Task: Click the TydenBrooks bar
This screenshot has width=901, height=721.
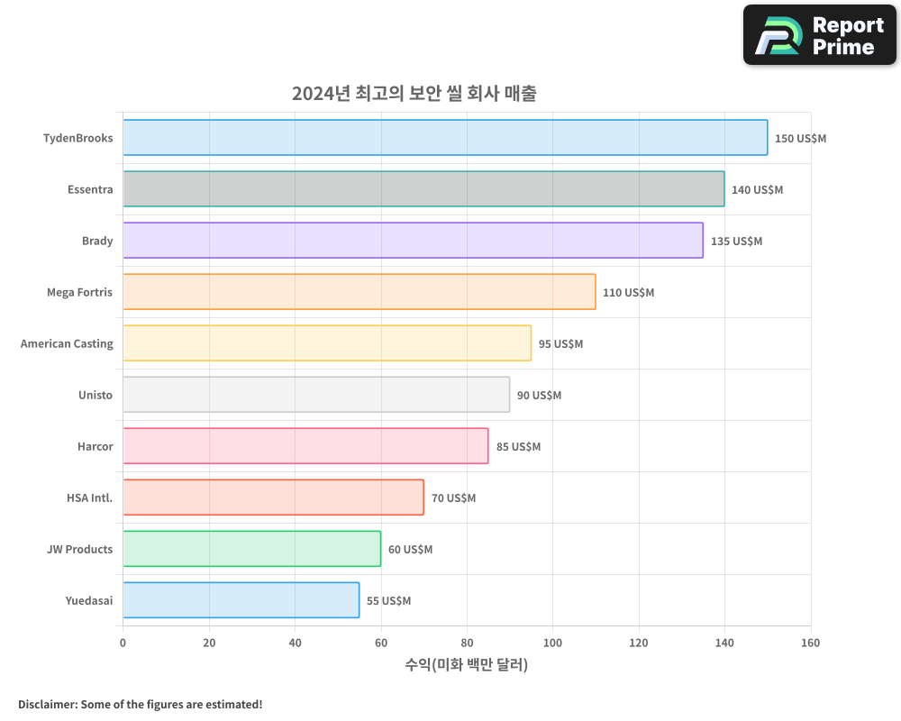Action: (x=445, y=138)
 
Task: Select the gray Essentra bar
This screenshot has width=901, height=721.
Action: (x=423, y=189)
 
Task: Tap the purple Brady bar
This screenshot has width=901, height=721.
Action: (x=413, y=241)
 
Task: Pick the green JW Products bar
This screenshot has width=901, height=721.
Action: (x=251, y=549)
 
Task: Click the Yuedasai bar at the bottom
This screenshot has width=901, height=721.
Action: (x=241, y=600)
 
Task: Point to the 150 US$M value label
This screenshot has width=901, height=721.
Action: (x=800, y=139)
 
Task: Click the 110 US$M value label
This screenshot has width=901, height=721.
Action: (x=628, y=293)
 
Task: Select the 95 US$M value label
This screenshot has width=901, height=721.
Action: (x=560, y=344)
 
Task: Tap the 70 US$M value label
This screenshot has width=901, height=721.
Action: (x=453, y=498)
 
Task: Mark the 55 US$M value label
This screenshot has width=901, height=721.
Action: (x=388, y=601)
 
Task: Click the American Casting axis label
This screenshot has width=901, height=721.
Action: (x=67, y=343)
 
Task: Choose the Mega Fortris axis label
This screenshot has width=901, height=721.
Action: (x=79, y=292)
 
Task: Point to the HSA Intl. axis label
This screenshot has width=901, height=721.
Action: (x=89, y=497)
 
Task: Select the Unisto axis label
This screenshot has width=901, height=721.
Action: (x=96, y=395)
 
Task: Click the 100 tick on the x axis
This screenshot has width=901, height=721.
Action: (x=552, y=643)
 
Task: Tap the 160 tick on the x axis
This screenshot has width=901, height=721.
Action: (x=810, y=643)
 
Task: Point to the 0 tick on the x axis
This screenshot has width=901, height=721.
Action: (x=123, y=643)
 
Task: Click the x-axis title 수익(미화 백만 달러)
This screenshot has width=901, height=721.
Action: (x=466, y=665)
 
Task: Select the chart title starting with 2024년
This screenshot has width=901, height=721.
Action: (x=414, y=93)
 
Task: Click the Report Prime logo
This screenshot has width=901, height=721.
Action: (x=819, y=35)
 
